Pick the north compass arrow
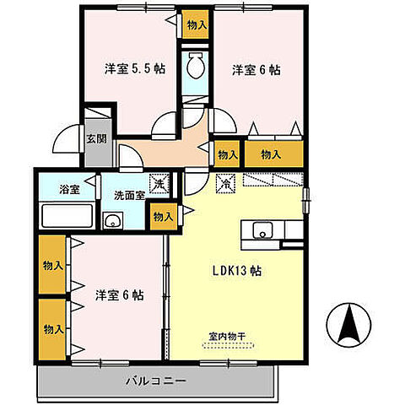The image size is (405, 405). click(x=350, y=324)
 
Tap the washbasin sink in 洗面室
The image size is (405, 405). click(x=112, y=222)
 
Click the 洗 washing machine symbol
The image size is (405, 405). click(x=159, y=181)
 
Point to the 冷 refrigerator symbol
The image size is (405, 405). click(x=226, y=181)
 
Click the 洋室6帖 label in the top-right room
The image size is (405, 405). click(x=256, y=70)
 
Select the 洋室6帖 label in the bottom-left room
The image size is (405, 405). click(x=118, y=295)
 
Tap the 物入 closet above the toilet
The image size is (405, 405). click(x=196, y=26)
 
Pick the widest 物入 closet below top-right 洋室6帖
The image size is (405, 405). click(x=272, y=154)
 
